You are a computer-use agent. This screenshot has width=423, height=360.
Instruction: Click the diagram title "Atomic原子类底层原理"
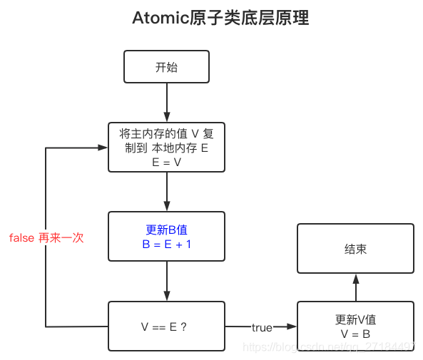tap(220, 18)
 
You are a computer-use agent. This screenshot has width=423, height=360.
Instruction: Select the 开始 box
tap(166, 66)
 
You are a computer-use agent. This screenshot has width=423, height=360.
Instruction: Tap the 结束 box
tap(355, 248)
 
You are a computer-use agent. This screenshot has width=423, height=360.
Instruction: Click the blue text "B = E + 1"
tap(167, 245)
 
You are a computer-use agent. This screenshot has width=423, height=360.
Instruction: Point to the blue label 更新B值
tap(166, 230)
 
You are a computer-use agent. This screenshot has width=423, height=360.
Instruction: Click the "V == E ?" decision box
tap(166, 326)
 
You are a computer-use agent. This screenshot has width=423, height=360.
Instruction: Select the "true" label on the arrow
tap(262, 328)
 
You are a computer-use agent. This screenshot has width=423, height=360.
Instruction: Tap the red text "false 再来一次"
tap(46, 238)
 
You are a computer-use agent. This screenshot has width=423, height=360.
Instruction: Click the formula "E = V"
tap(166, 163)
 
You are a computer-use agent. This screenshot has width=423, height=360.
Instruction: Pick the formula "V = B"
tap(355, 334)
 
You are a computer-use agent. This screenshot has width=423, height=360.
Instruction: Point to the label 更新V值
tap(355, 320)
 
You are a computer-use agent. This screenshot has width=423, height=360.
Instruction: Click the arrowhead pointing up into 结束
tap(356, 279)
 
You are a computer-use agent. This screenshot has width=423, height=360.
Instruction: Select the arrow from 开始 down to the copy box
tap(167, 103)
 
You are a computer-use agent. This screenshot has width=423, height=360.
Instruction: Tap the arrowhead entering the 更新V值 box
tap(292, 326)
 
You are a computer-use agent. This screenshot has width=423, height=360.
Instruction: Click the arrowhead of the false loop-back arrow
tap(103, 148)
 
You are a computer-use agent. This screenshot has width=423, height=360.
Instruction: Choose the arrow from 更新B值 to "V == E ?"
tap(167, 281)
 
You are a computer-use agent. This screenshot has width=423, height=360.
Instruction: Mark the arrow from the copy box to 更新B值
tap(167, 192)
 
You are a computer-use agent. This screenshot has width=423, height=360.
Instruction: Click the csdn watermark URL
tap(328, 346)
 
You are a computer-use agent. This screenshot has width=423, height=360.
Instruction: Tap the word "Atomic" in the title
tap(160, 18)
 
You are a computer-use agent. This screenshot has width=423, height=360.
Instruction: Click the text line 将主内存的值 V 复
tap(166, 134)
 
